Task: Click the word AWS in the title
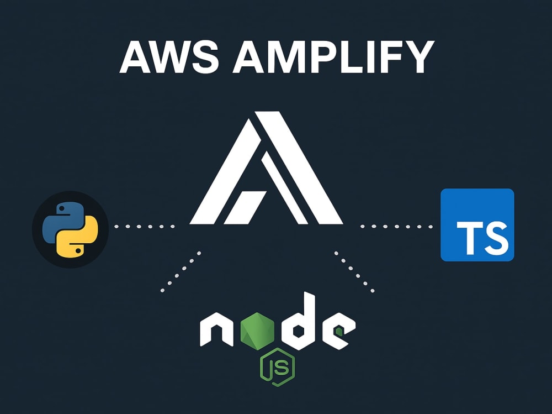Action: [x=169, y=56]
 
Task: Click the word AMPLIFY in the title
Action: [x=333, y=56]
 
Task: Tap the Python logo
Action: [x=70, y=229]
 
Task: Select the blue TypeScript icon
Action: [x=477, y=225]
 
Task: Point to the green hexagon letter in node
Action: [x=257, y=331]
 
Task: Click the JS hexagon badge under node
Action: [x=278, y=367]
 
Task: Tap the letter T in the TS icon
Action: [x=469, y=237]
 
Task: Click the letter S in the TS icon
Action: [x=495, y=237]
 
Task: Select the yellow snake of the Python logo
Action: [x=79, y=240]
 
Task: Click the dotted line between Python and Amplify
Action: [x=144, y=227]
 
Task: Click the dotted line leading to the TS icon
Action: [x=396, y=227]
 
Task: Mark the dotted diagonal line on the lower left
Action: [x=181, y=271]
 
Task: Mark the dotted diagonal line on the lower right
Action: [x=354, y=272]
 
